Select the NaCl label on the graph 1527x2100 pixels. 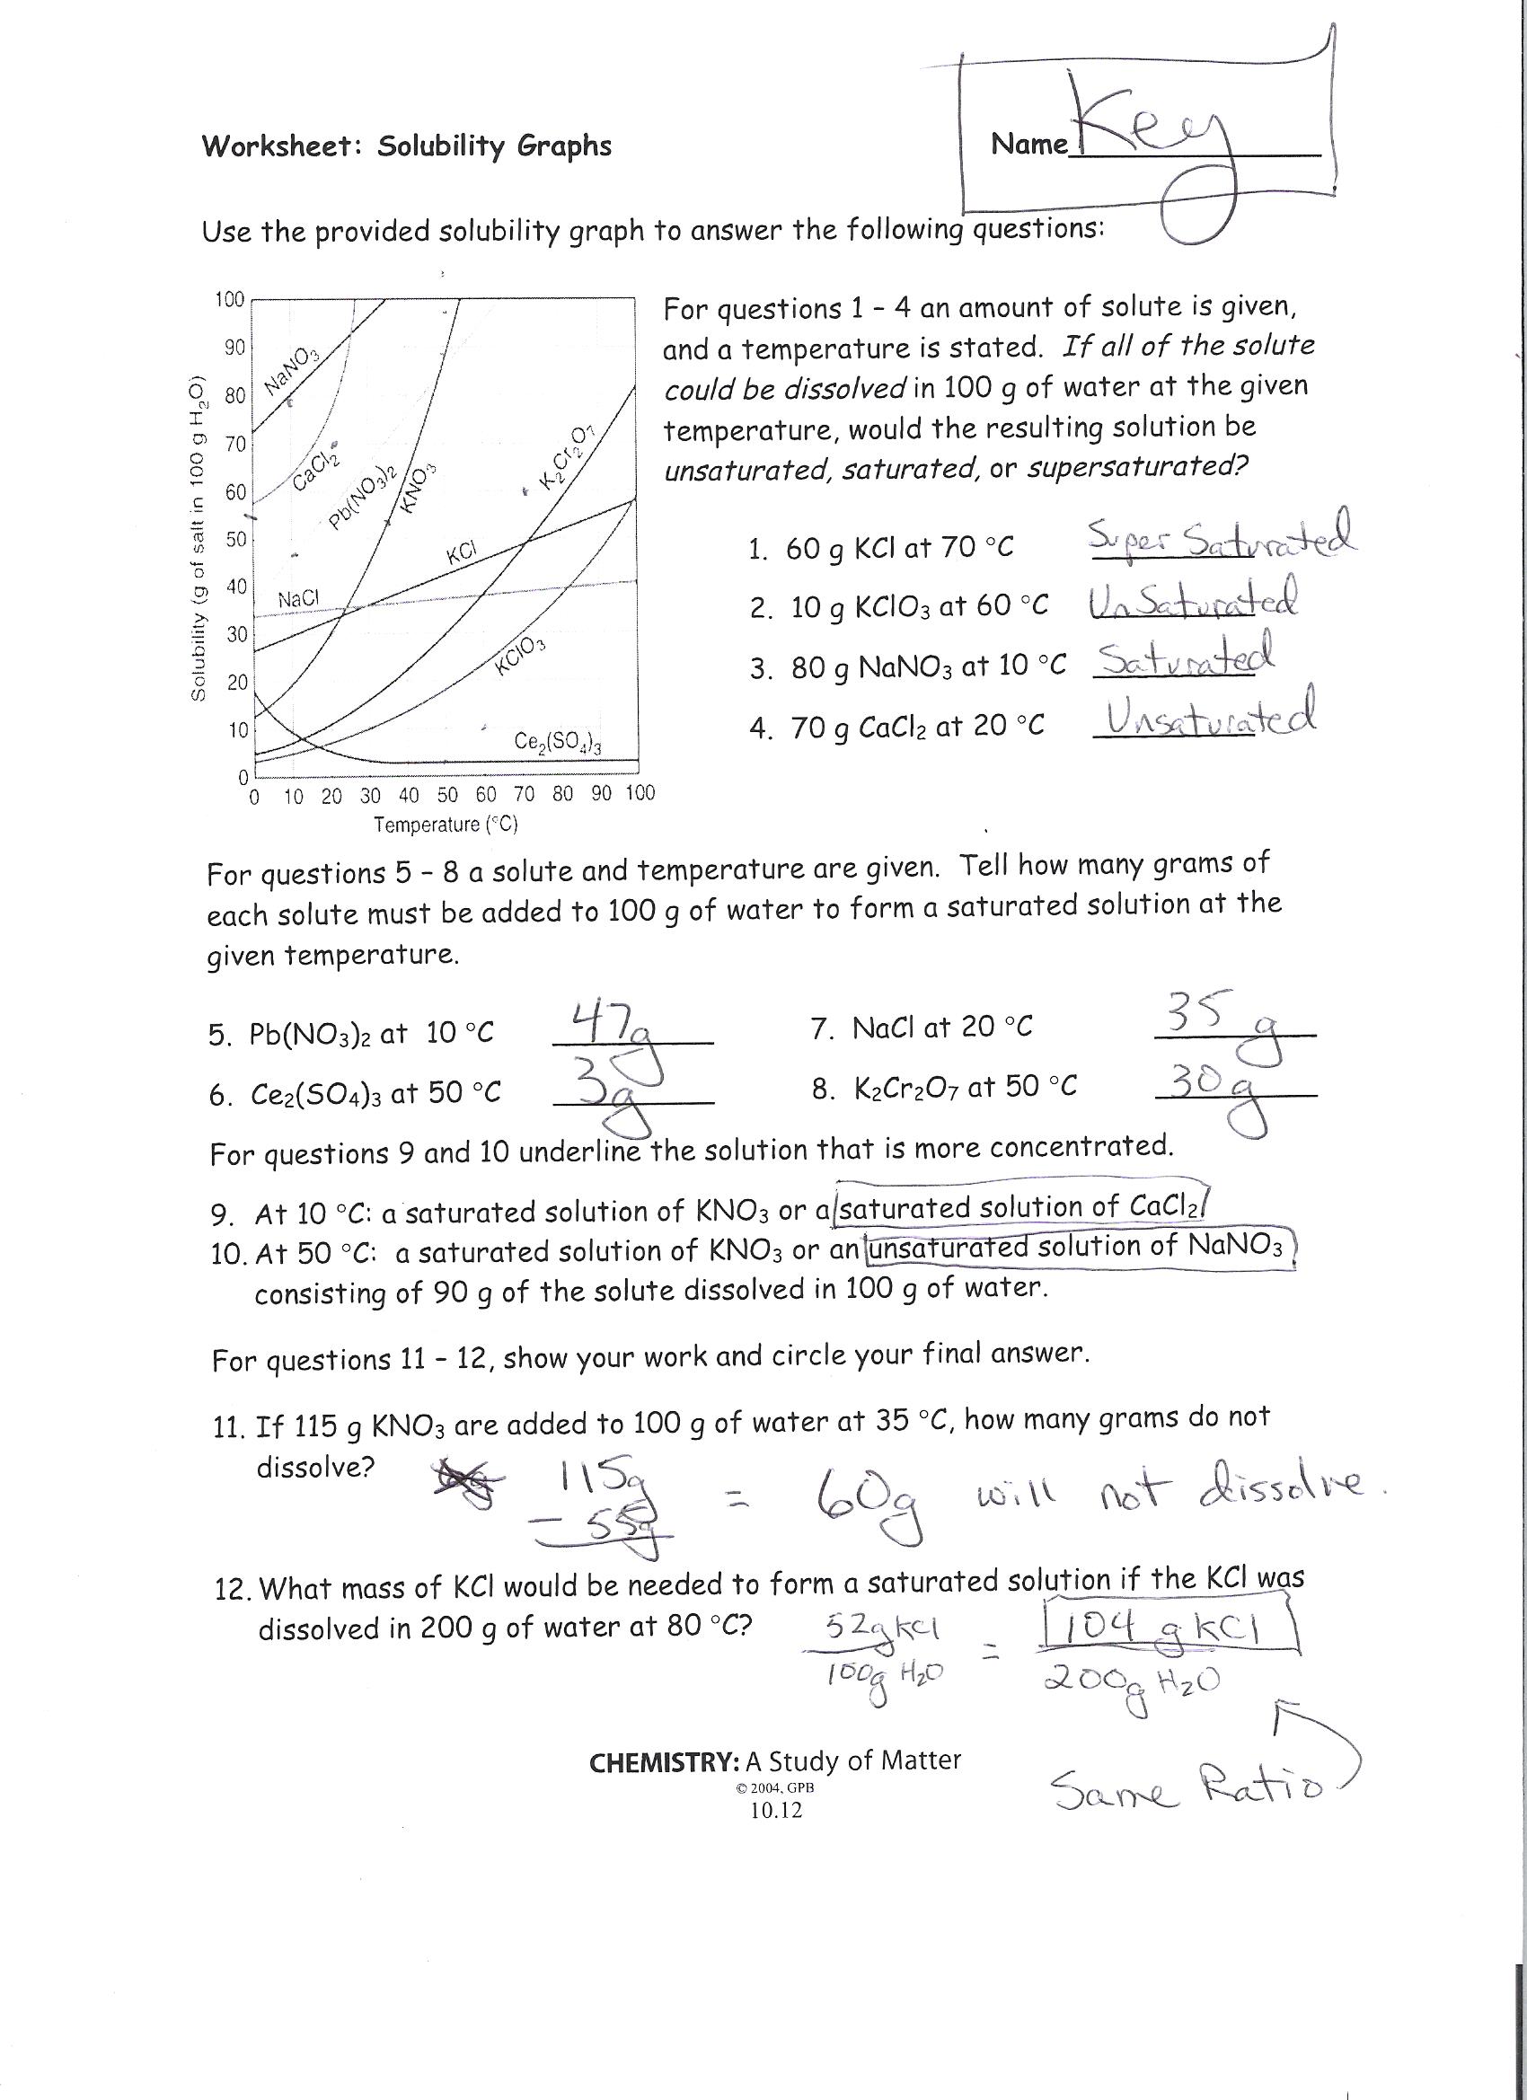298,599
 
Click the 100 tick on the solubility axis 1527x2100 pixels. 229,299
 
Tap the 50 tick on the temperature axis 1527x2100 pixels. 447,794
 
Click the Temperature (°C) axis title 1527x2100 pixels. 445,824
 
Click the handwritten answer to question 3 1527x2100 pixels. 1184,659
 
